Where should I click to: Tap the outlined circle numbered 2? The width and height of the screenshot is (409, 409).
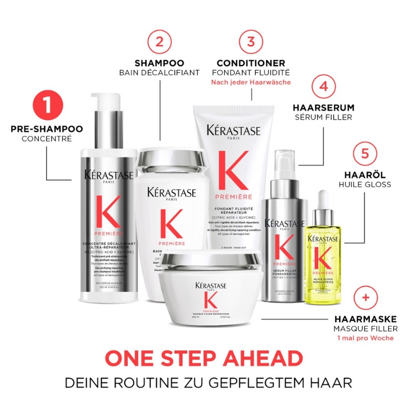coord(160,41)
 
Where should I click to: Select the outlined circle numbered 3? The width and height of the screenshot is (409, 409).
coord(251,41)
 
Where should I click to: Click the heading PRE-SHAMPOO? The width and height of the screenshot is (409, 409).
coord(47,128)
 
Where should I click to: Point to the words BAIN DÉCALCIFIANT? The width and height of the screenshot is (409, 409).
coord(160,73)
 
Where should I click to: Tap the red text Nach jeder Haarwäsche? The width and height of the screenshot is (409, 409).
coord(251,82)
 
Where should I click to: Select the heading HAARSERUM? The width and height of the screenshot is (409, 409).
coord(323,108)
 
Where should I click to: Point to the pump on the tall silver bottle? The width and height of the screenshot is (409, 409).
coord(106,107)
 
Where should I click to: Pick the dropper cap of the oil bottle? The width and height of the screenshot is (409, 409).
coord(322,204)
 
